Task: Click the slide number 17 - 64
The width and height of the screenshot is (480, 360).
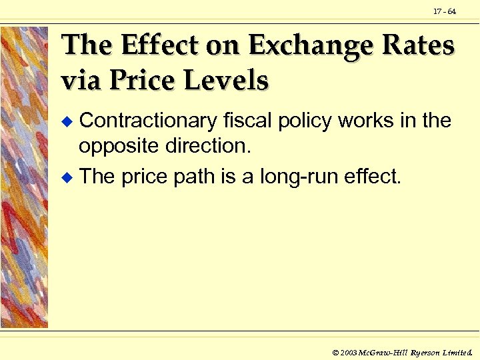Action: [x=444, y=11]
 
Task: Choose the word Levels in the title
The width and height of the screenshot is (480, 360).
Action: [x=229, y=81]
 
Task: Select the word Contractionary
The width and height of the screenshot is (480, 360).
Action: [x=147, y=121]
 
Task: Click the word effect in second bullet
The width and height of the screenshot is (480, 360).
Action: [x=375, y=177]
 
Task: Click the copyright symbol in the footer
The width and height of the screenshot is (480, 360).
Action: [x=335, y=351]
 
